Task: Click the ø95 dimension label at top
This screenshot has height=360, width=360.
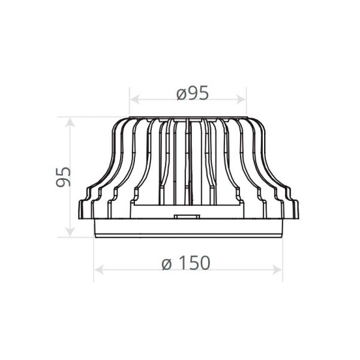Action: (x=193, y=93)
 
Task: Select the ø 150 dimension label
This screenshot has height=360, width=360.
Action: (x=186, y=263)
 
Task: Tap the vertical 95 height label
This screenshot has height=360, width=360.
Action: (x=63, y=177)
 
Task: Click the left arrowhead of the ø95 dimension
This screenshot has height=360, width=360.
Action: (x=135, y=100)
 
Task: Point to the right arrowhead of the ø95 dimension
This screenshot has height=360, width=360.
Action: (x=241, y=100)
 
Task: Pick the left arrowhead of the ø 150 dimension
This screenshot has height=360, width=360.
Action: (x=99, y=269)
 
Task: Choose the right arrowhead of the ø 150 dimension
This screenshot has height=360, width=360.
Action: (x=277, y=269)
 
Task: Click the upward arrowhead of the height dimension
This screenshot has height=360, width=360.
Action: (x=70, y=122)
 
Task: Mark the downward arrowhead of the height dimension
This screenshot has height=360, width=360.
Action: (x=70, y=232)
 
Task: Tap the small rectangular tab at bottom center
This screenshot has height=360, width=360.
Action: (x=187, y=217)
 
